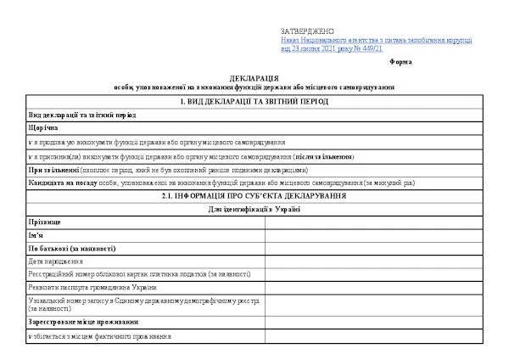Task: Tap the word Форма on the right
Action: (400, 62)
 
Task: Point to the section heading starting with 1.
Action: (255, 102)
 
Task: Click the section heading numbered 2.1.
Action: (255, 196)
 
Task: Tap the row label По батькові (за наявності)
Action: (71, 248)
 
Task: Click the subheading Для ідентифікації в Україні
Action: (255, 209)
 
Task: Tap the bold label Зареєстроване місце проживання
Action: (82, 323)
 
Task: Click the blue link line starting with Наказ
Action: (377, 40)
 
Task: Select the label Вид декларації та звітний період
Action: (81, 114)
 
